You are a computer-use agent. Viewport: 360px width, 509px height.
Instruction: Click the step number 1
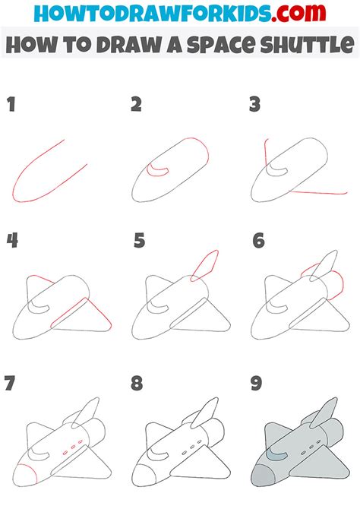coord(11,105)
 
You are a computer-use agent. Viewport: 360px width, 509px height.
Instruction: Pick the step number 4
coord(12,241)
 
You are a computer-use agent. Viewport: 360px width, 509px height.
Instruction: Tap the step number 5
coord(139,241)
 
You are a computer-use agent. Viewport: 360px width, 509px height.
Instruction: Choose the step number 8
coord(137,383)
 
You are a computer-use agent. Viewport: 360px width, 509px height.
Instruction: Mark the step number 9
coord(256,383)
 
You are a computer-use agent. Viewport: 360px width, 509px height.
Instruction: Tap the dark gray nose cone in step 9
coord(263,476)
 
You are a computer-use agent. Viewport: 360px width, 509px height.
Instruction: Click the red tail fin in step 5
coord(204,265)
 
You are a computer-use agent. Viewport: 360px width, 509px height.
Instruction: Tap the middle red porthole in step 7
coord(74,447)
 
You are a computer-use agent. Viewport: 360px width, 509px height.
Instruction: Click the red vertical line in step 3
coord(266,154)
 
